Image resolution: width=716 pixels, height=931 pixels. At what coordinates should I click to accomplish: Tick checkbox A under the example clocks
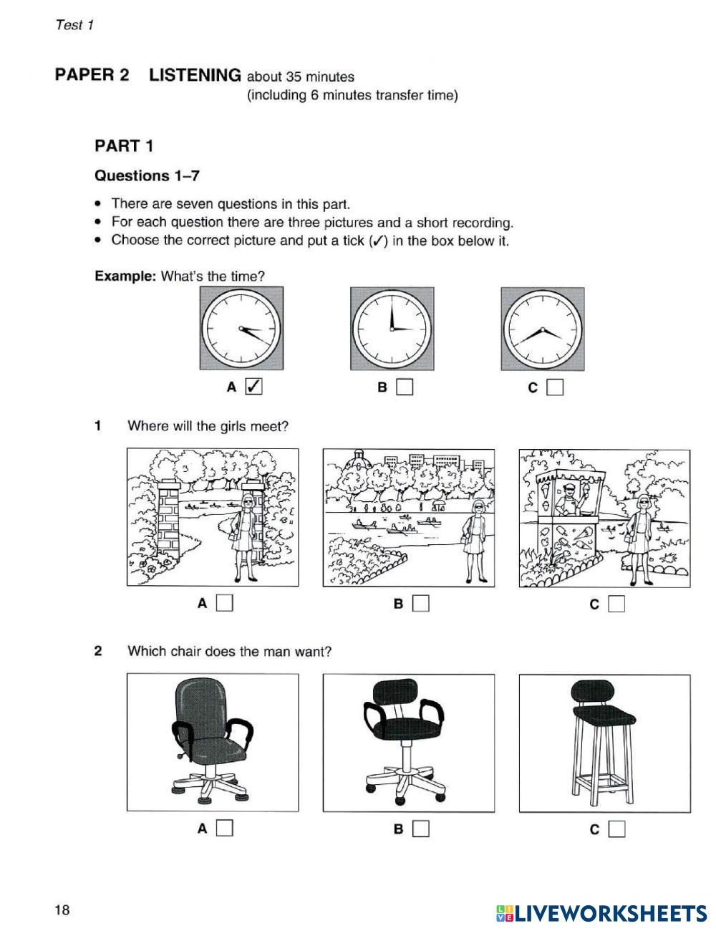tap(253, 387)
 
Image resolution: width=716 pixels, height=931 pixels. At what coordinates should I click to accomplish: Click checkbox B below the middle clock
tap(405, 387)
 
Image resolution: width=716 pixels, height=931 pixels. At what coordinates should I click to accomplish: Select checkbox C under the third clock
tap(555, 387)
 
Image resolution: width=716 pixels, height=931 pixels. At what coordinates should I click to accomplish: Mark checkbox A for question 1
tap(225, 604)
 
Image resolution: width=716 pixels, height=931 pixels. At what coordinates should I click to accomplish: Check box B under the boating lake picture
tap(421, 604)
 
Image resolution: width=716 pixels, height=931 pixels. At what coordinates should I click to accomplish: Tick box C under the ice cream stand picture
tap(616, 604)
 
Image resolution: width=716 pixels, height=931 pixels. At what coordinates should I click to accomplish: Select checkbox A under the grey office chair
tap(225, 829)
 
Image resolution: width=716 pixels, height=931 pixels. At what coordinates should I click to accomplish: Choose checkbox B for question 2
tap(421, 829)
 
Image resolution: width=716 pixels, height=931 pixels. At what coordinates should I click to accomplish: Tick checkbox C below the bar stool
tap(616, 829)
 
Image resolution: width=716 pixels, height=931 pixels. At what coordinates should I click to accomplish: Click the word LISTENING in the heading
tap(195, 75)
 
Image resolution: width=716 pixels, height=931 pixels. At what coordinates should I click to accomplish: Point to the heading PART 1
tap(124, 146)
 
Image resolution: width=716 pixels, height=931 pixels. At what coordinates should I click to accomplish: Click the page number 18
tap(62, 910)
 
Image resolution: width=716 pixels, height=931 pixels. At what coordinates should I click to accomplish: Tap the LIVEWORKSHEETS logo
tap(601, 912)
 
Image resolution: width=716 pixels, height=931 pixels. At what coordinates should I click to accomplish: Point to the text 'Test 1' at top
tap(74, 25)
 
